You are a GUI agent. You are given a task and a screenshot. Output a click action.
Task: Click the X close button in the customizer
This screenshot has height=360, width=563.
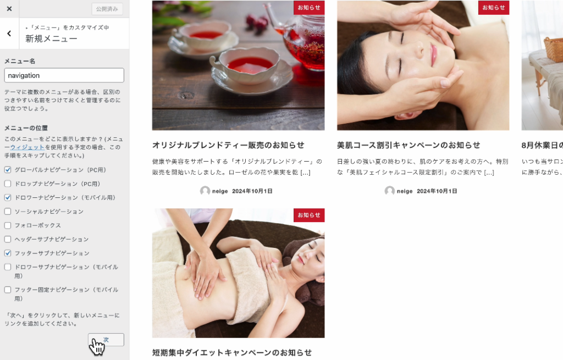coord(9,9)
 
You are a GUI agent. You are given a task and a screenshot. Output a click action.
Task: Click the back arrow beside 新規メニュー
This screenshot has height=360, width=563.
coord(9,34)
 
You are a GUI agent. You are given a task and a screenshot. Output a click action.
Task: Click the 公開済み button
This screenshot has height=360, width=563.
coord(107,9)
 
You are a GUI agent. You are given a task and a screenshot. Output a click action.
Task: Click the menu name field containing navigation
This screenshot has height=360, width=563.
coord(64,75)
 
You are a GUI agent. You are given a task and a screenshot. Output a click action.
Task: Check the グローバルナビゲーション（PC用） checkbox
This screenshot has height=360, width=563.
coord(8,170)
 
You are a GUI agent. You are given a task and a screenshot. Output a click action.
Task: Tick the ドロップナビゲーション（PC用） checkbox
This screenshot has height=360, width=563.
coord(8,184)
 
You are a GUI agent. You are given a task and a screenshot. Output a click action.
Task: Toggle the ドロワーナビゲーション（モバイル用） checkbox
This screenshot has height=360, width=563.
coord(8,197)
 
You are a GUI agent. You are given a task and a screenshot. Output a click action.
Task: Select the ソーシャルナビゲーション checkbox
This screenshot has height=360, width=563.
coord(8,212)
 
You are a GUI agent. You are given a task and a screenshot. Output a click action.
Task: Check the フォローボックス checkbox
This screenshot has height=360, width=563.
coord(8,225)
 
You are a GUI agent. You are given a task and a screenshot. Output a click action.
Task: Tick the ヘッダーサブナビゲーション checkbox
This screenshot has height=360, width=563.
coord(8,239)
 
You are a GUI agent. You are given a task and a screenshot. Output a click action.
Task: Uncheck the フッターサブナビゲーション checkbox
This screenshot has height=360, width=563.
coord(8,253)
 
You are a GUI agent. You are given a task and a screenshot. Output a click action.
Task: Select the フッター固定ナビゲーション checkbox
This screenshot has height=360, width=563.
coord(8,290)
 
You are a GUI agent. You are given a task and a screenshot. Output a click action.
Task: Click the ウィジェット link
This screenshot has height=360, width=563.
coord(27,147)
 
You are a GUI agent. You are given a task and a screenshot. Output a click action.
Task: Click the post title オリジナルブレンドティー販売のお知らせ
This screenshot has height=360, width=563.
coord(228,145)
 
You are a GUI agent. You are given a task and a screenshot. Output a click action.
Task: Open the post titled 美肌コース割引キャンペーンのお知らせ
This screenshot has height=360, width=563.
coord(409,145)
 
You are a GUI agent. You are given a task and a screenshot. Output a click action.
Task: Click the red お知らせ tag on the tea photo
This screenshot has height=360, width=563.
coord(309,8)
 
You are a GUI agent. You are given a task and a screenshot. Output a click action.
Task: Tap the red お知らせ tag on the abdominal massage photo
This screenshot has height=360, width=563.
coord(309,215)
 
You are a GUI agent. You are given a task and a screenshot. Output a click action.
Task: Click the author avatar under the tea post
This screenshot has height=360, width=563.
coord(205,191)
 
